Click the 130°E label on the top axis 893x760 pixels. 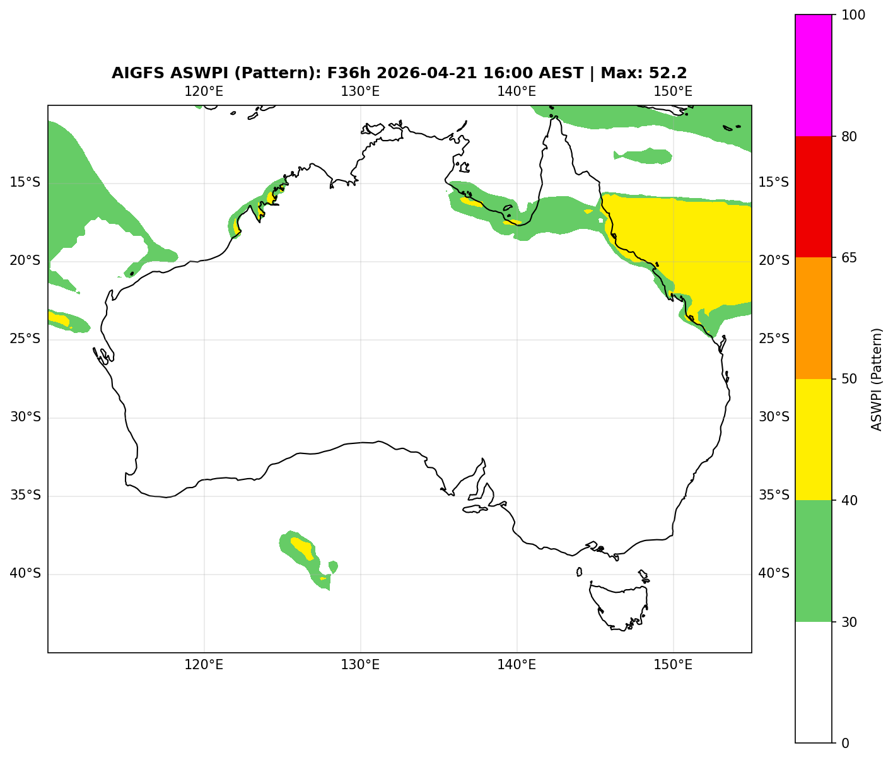tap(360, 91)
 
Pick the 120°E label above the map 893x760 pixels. tap(204, 91)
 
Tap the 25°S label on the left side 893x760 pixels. tap(25, 339)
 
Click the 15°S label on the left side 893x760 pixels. tap(25, 183)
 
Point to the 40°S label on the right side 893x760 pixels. tap(774, 574)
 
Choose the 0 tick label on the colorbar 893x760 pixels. tap(845, 743)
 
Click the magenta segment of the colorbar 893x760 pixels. tap(814, 75)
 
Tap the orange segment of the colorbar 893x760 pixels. tap(814, 318)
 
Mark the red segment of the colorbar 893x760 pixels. tap(814, 197)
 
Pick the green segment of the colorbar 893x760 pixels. tap(814, 561)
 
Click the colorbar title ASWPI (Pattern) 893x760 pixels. tap(877, 379)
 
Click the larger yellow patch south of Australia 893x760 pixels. tap(303, 548)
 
